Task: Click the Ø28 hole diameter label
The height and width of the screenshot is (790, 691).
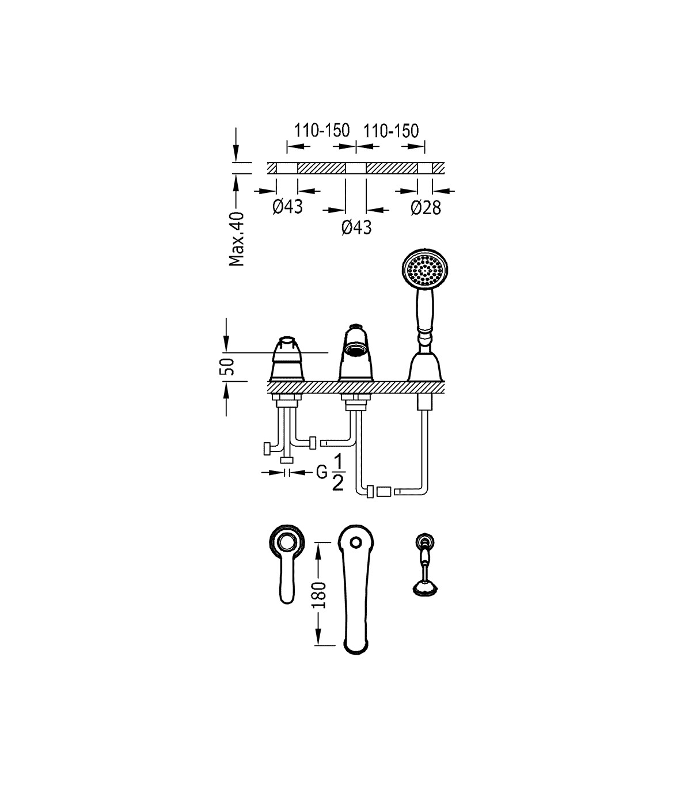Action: point(426,208)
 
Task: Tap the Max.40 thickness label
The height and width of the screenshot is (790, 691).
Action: point(237,238)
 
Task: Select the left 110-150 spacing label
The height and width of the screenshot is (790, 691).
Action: point(322,131)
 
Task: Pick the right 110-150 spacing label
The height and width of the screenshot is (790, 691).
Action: point(391,131)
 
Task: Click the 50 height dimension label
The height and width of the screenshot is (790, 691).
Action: point(229,366)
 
